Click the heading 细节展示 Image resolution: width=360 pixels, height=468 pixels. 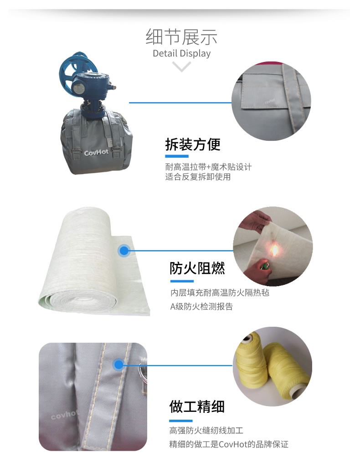tap(181, 37)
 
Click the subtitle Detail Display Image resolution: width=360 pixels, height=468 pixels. tap(181, 54)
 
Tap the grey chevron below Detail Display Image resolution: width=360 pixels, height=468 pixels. tap(181, 67)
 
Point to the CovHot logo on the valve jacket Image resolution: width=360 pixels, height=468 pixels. tap(96, 153)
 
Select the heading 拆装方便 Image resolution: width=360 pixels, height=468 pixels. tap(193, 144)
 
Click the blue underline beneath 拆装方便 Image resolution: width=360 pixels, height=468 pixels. tap(177, 156)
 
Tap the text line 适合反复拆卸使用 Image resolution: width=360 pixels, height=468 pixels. tap(198, 177)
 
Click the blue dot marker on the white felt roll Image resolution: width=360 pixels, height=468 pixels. tap(123, 251)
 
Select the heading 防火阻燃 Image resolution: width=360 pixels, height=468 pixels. tap(197, 268)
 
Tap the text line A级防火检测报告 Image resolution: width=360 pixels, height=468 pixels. tap(201, 307)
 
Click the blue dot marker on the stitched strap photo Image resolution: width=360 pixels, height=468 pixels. tap(118, 365)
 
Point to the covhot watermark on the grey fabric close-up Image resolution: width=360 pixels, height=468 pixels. tap(64, 415)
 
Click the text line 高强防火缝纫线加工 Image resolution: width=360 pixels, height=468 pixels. tap(206, 430)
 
